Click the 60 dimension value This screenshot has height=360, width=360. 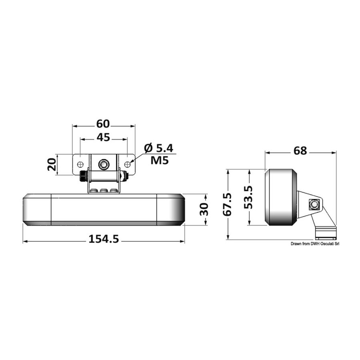[x=103, y=124]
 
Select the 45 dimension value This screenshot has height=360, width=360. [x=103, y=137]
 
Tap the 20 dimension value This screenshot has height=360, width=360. [x=52, y=164]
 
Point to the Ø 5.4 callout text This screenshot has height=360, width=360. [x=159, y=148]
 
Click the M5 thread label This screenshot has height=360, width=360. [x=160, y=160]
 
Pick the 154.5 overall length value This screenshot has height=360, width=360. [x=104, y=239]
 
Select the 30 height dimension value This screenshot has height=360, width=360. [x=204, y=209]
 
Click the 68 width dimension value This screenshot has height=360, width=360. [x=300, y=151]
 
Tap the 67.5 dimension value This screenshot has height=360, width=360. [x=227, y=204]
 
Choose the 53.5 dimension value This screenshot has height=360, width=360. [x=248, y=197]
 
